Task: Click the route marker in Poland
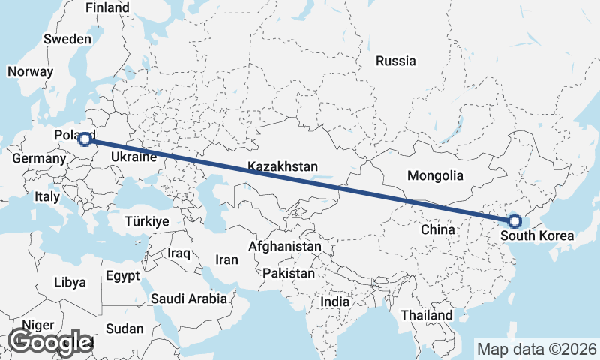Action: [85, 139]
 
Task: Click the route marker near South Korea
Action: [514, 220]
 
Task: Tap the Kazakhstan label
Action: [283, 167]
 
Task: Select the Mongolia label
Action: [435, 176]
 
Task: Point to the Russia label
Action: [396, 61]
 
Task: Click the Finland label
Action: [107, 8]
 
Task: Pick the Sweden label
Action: [67, 39]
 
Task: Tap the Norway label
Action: [30, 72]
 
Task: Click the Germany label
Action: [40, 159]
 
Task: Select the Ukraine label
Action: [133, 157]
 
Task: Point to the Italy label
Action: [47, 196]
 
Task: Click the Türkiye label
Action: [147, 222]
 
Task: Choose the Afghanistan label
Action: [285, 246]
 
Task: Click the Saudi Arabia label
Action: [189, 298]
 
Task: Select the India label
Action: [334, 301]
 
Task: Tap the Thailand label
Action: [426, 315]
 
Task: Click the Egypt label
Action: [123, 275]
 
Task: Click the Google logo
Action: [49, 342]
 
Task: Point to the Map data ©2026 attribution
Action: [536, 349]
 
